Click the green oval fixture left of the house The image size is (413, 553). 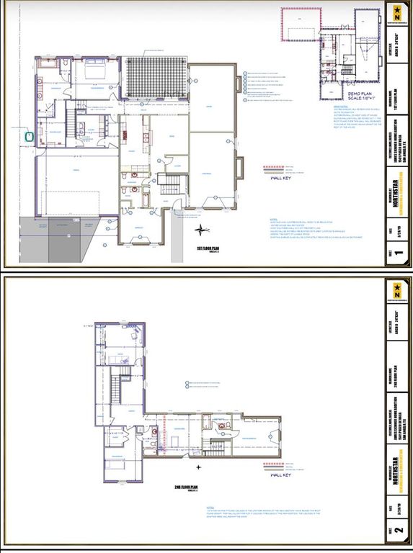point(30,135)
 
